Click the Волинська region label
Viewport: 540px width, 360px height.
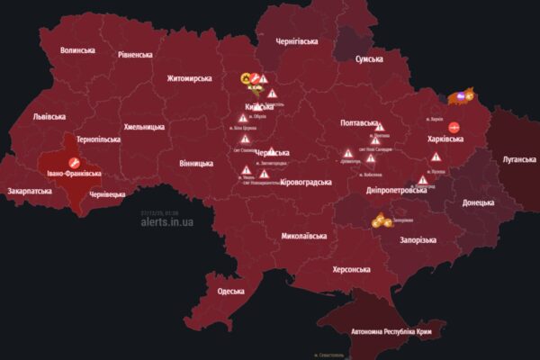click(x=77, y=50)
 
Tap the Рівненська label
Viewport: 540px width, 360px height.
click(x=135, y=55)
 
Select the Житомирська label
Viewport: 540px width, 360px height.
click(x=193, y=78)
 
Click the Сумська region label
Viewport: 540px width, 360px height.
click(x=370, y=58)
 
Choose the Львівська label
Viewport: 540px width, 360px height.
click(x=49, y=117)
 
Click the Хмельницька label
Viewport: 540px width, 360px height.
click(x=145, y=127)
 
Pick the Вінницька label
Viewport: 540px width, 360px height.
click(x=196, y=163)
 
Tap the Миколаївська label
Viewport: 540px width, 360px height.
click(x=304, y=237)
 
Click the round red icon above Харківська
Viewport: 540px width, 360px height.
click(x=454, y=128)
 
